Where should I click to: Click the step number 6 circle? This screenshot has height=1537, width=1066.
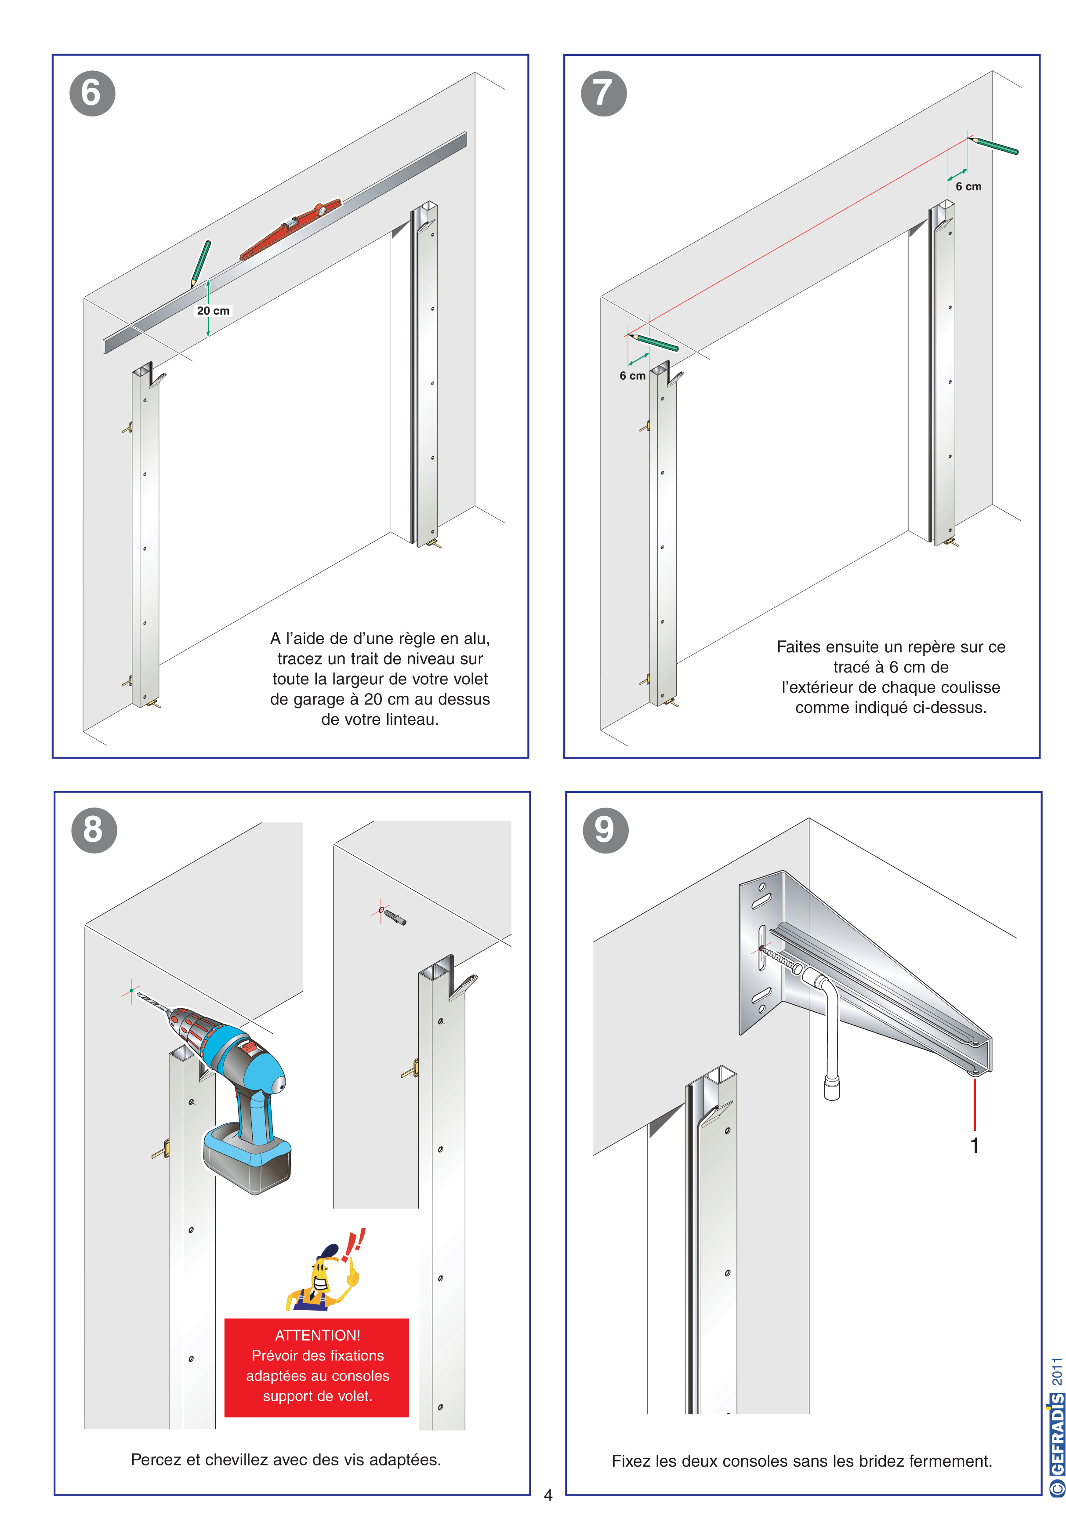(92, 93)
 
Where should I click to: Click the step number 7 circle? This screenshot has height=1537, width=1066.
(604, 93)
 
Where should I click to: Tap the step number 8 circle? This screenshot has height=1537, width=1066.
(94, 830)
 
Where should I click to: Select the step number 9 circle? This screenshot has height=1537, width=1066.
(606, 830)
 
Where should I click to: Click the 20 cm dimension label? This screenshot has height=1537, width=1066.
(213, 311)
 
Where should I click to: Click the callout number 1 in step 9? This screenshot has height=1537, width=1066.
(975, 1145)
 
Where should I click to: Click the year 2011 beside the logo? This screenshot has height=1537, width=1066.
(1057, 1371)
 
